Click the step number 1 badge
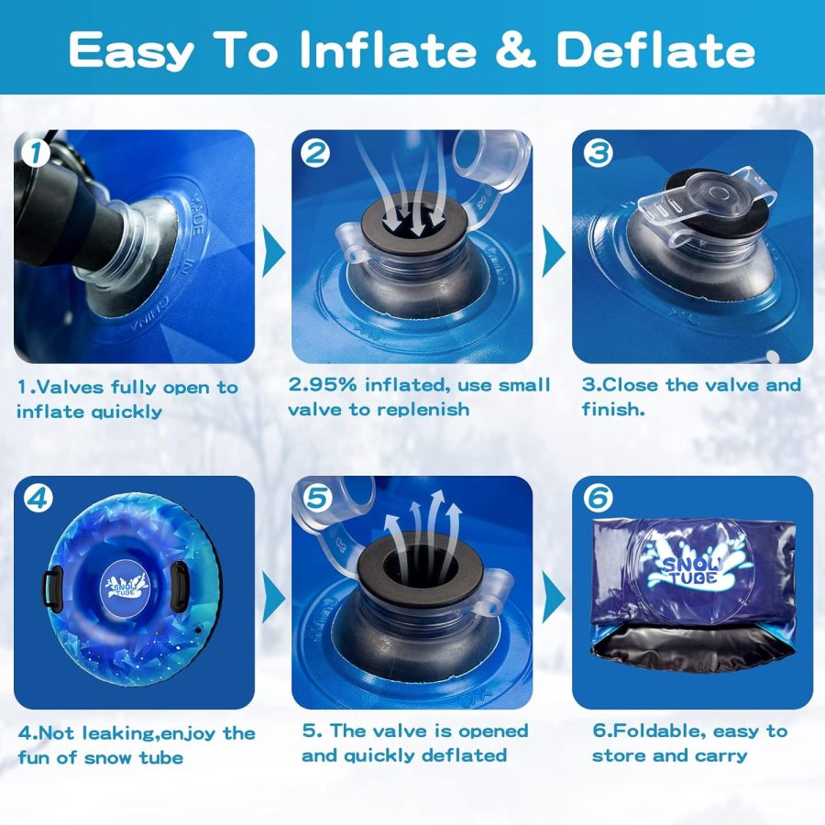[x=36, y=152]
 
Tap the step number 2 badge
[x=315, y=152]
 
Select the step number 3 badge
[x=598, y=152]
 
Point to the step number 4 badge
[x=38, y=499]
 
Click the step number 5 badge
[x=317, y=499]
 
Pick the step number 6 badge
[x=598, y=499]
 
